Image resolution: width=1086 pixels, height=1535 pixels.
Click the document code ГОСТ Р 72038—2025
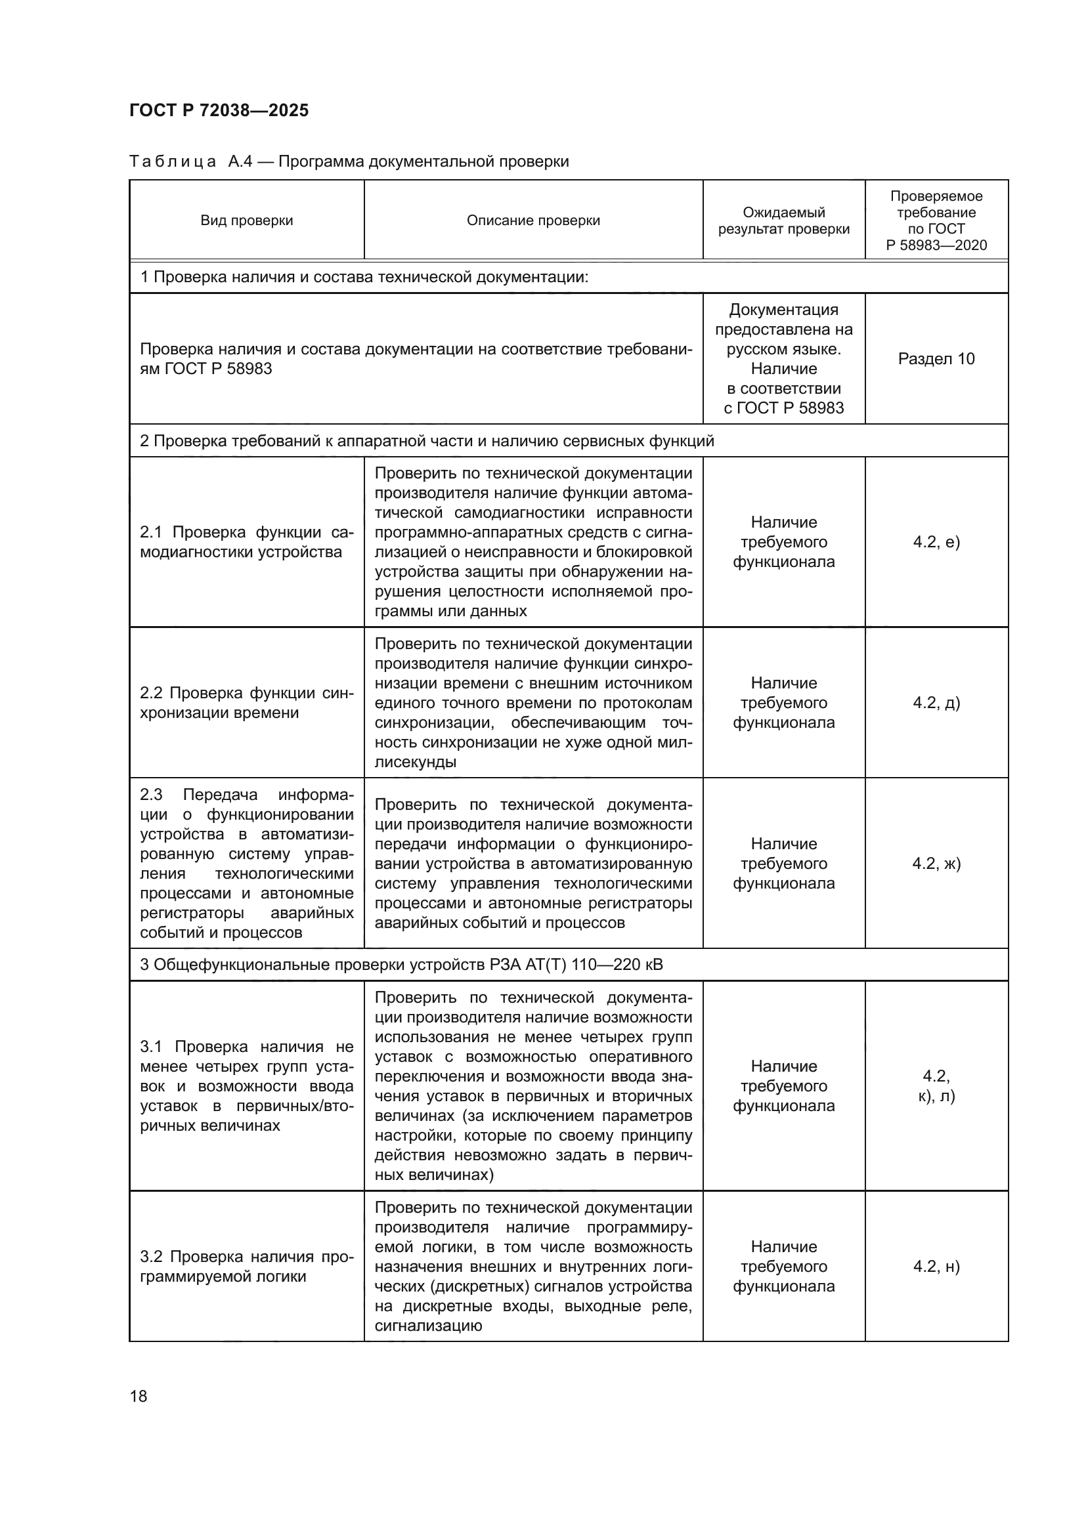pyautogui.click(x=219, y=110)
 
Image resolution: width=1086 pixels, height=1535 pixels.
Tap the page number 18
pyautogui.click(x=139, y=1396)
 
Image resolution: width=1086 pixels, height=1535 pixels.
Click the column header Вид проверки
pyautogui.click(x=246, y=221)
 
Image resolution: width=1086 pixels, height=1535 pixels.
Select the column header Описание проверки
pyautogui.click(x=533, y=221)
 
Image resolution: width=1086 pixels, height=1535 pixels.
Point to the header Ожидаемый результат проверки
pyautogui.click(x=783, y=221)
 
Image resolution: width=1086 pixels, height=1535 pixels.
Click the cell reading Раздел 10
pyautogui.click(x=936, y=359)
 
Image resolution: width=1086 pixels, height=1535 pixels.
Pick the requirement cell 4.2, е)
pyautogui.click(x=936, y=542)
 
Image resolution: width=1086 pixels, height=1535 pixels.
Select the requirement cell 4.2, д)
pyautogui.click(x=936, y=703)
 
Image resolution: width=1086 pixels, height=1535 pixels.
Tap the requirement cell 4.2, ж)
pyautogui.click(x=936, y=864)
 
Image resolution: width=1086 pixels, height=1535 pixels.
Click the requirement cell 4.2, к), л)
pyautogui.click(x=936, y=1085)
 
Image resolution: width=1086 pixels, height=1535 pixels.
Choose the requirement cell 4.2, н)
pyautogui.click(x=936, y=1266)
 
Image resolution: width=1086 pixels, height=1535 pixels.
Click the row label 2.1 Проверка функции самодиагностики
pyautogui.click(x=246, y=542)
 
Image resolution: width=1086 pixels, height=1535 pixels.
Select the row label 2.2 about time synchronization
pyautogui.click(x=246, y=703)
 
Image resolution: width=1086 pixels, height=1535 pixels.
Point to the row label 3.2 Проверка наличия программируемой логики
pyautogui.click(x=246, y=1266)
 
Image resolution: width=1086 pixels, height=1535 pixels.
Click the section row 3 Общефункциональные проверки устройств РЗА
pyautogui.click(x=401, y=965)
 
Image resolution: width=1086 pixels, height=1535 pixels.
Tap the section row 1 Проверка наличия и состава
pyautogui.click(x=364, y=277)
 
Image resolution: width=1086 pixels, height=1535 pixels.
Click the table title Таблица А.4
pyautogui.click(x=349, y=162)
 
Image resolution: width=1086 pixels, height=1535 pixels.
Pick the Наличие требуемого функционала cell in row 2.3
pyautogui.click(x=783, y=864)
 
